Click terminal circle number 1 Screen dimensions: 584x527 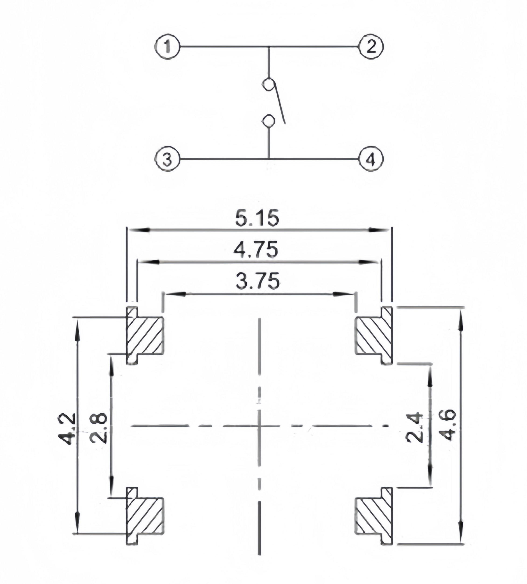coord(167,47)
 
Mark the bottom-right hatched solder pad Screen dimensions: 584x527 coord(373,516)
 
